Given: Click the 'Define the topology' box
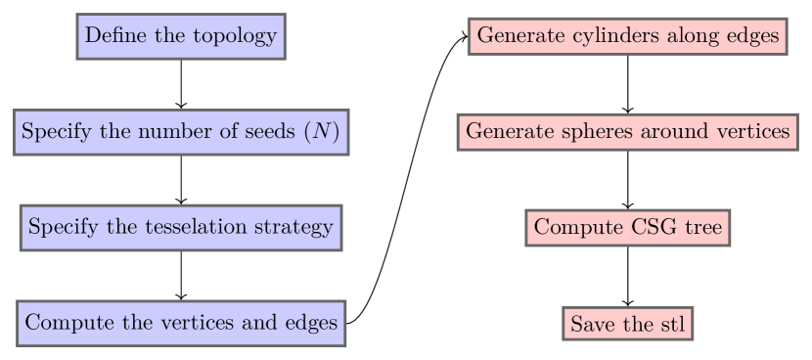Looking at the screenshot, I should tap(181, 36).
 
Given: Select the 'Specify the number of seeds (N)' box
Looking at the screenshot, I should tap(181, 132).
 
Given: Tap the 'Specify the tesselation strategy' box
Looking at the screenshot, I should tap(181, 228).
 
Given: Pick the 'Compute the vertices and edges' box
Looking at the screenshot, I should tap(181, 323).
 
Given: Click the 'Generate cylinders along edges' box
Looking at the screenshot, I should tap(627, 36).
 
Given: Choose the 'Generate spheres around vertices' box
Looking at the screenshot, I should tap(627, 132).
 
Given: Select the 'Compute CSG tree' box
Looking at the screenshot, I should tap(627, 228).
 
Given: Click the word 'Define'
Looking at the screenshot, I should tap(113, 36).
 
